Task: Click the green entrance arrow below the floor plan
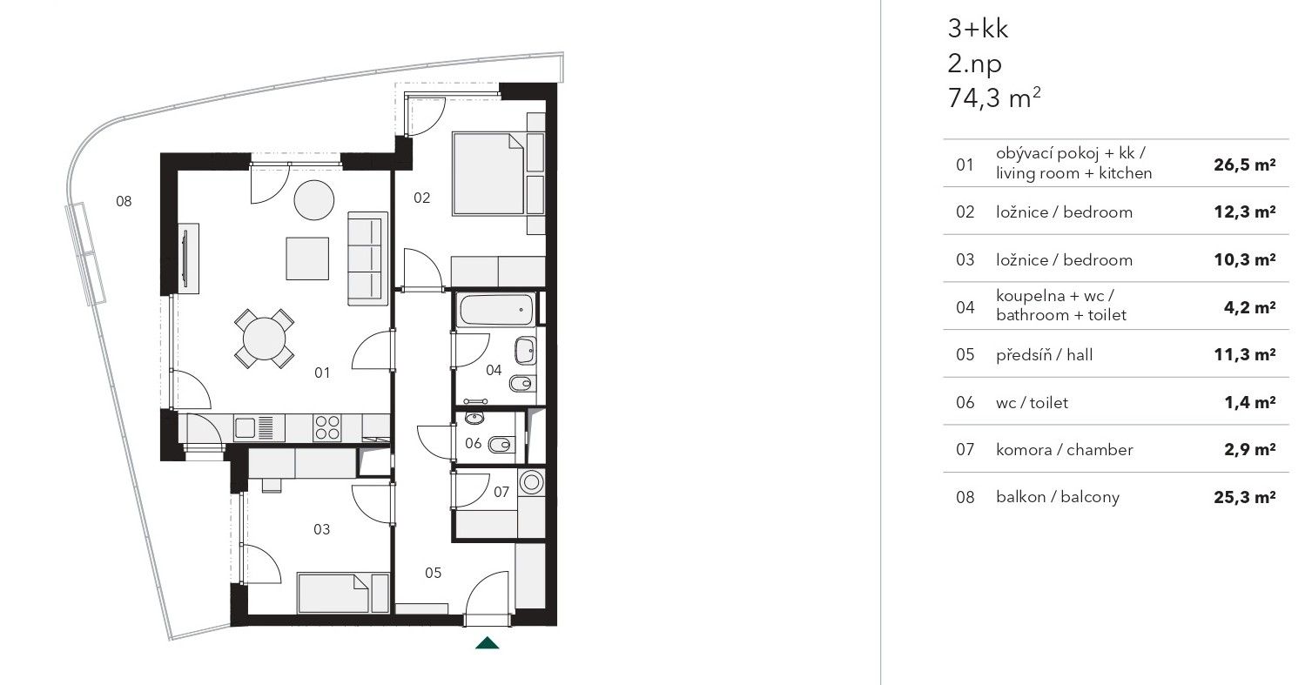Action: tap(487, 643)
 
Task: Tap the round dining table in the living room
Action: tap(265, 339)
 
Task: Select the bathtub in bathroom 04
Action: tap(496, 309)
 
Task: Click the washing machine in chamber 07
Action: tap(531, 482)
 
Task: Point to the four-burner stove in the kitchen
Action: tap(326, 427)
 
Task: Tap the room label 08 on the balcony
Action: tap(124, 202)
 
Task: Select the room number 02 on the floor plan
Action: tap(421, 198)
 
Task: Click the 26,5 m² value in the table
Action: tap(1244, 165)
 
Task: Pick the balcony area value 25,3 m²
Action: tap(1244, 497)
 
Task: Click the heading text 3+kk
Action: tap(978, 29)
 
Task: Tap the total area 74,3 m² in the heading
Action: tap(994, 97)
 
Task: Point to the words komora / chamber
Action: tap(1065, 450)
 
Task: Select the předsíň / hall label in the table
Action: tap(1044, 355)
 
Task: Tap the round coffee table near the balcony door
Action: tap(314, 200)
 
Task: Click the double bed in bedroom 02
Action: tap(488, 173)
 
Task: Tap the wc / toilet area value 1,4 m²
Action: tap(1249, 402)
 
